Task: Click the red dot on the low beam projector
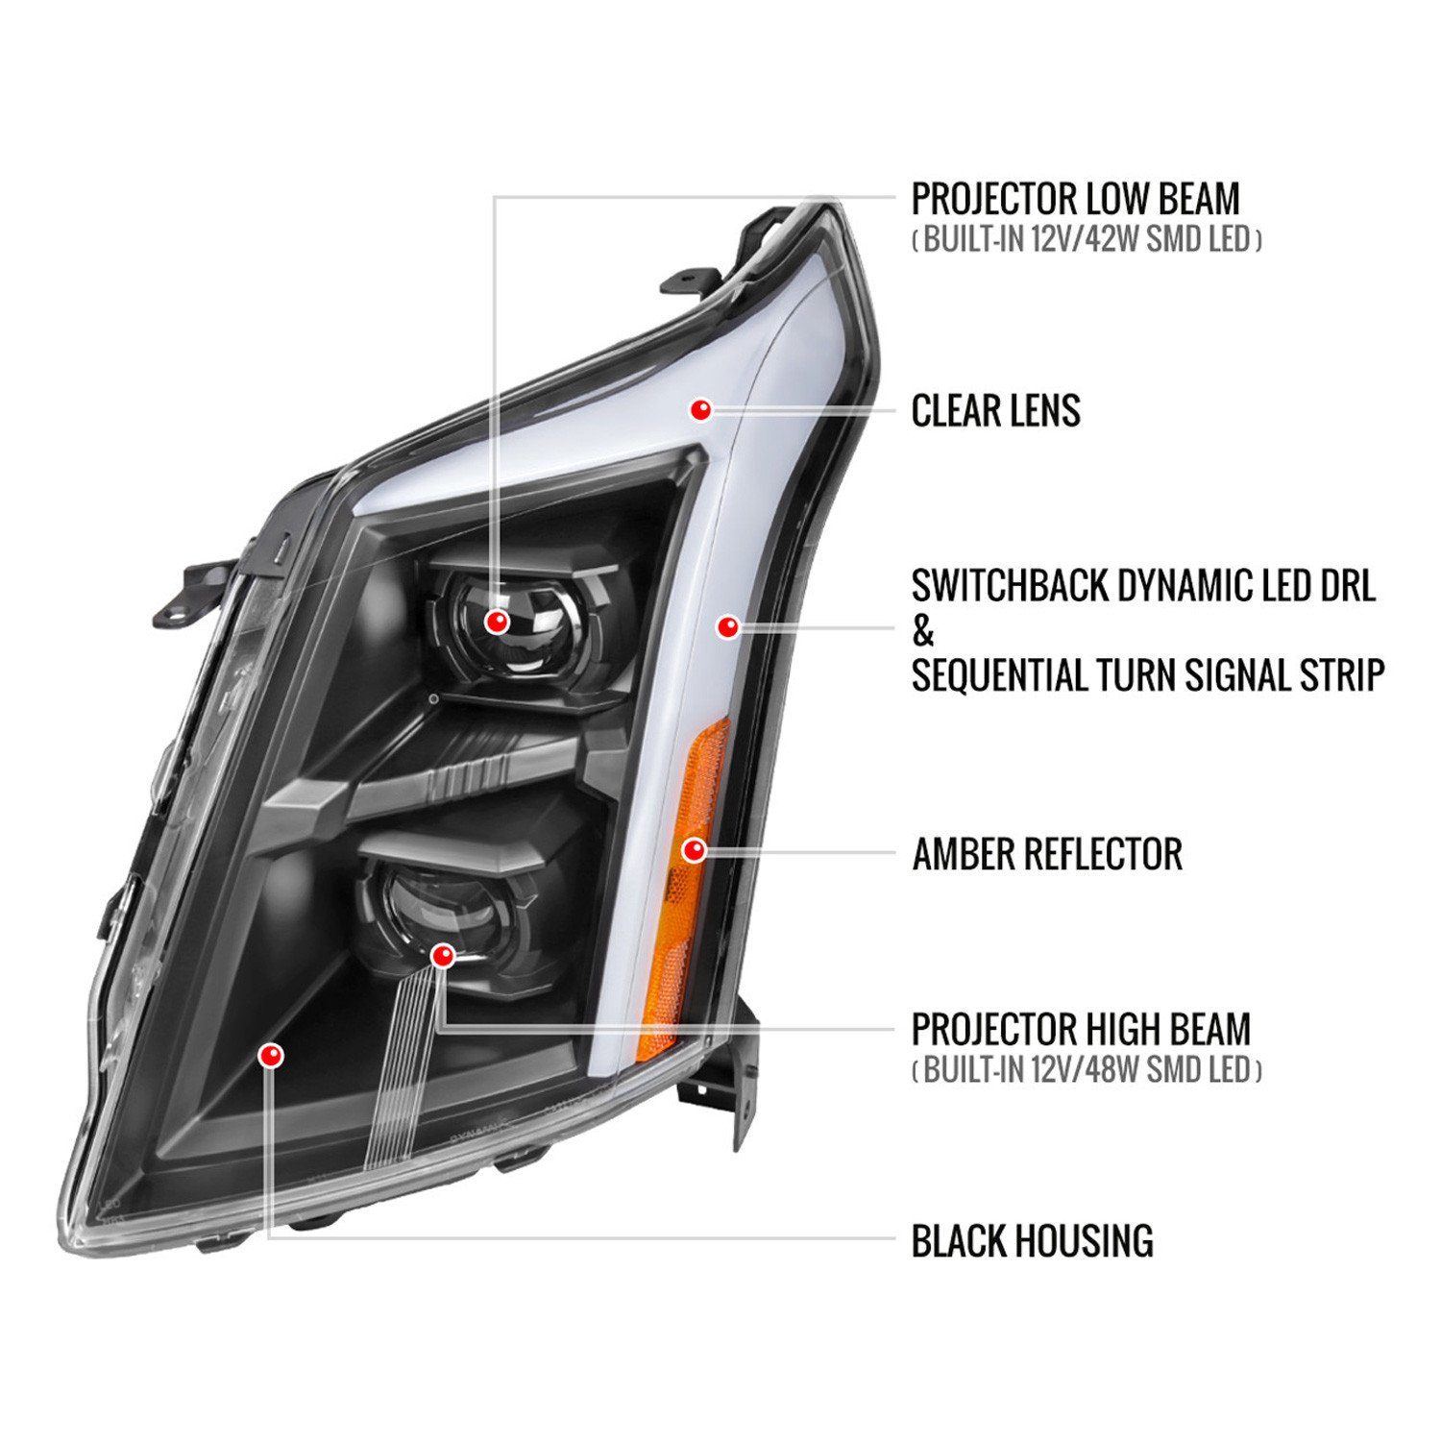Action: tap(497, 622)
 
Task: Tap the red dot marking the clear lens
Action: tap(701, 409)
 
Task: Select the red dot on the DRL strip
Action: tap(728, 626)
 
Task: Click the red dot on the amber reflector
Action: tap(694, 849)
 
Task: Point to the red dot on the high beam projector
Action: tap(442, 955)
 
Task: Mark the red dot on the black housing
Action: tap(272, 1056)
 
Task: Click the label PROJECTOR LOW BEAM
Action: tap(1075, 199)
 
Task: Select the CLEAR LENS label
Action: tap(995, 410)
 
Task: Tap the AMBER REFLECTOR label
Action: tap(1047, 854)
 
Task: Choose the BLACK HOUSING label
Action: tap(1032, 1240)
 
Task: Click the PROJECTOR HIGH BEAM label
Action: tap(1081, 1029)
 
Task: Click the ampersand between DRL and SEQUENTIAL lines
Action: tap(923, 631)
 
